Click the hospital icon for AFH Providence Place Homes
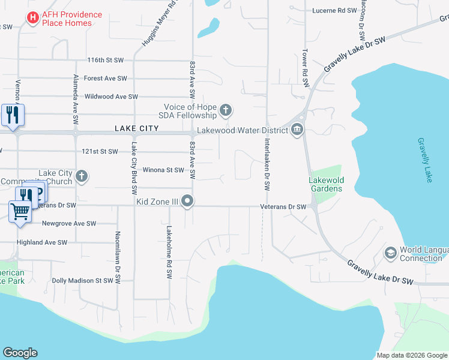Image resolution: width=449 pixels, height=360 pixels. tap(32, 19)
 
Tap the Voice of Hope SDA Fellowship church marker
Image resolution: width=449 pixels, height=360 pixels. tap(226, 110)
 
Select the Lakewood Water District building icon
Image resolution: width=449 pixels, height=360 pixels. tap(297, 130)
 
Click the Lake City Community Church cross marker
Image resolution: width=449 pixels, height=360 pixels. tap(82, 176)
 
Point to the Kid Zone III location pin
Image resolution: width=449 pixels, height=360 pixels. tap(188, 201)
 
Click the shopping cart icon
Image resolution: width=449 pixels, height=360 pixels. tap(20, 211)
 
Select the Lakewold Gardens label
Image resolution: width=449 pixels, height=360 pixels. tap(325, 184)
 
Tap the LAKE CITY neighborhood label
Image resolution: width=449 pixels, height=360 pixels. tap(136, 128)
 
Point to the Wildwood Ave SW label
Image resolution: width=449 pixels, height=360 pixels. tap(111, 97)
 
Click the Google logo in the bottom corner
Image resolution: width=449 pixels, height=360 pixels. tap(20, 353)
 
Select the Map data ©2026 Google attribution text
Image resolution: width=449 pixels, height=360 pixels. tap(412, 355)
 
